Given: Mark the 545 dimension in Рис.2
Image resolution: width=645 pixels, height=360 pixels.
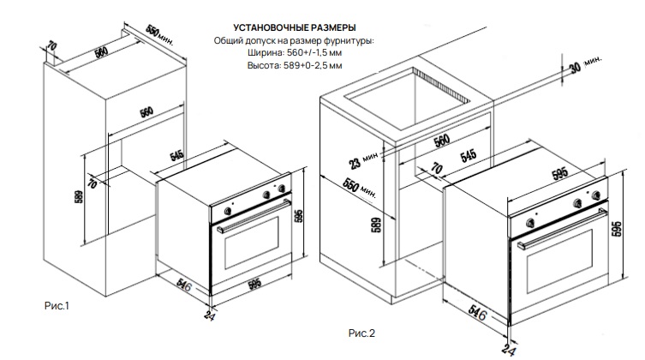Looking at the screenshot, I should [469, 157].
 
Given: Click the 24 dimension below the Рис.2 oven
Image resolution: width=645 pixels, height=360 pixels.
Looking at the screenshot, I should [511, 346].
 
